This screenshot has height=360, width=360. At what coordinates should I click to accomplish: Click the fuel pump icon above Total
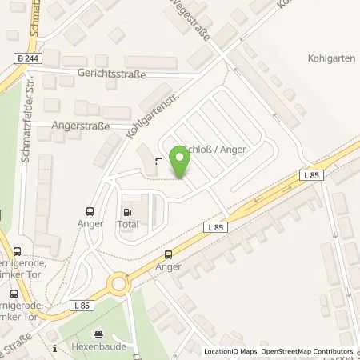pyautogui.click(x=126, y=212)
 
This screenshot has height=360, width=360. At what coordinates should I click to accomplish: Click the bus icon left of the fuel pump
pyautogui.click(x=90, y=212)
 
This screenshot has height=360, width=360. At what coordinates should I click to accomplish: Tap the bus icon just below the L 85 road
pyautogui.click(x=167, y=255)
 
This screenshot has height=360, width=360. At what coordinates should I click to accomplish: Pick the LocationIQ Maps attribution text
pyautogui.click(x=231, y=352)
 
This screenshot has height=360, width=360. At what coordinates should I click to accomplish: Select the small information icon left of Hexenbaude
pyautogui.click(x=54, y=348)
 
